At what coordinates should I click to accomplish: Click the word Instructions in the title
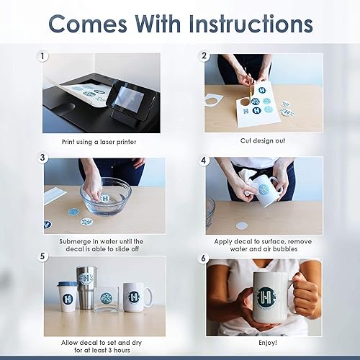tap(251, 24)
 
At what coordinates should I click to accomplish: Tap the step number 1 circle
tap(42, 57)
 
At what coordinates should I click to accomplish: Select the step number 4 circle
tap(204, 161)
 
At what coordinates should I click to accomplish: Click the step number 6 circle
tap(204, 258)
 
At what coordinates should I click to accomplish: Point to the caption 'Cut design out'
tap(263, 140)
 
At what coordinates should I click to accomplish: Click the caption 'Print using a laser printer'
tap(99, 142)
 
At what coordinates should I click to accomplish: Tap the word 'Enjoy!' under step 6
tap(268, 343)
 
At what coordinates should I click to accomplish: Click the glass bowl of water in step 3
tap(106, 197)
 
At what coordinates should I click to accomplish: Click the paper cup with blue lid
tap(68, 297)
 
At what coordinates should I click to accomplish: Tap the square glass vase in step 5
tap(106, 299)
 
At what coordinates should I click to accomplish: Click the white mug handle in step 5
tap(149, 296)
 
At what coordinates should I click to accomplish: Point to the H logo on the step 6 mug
tap(266, 297)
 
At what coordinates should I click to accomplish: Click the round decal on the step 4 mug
tap(264, 189)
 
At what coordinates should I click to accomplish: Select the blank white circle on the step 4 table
tap(242, 225)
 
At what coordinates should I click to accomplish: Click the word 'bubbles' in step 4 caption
tap(285, 249)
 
